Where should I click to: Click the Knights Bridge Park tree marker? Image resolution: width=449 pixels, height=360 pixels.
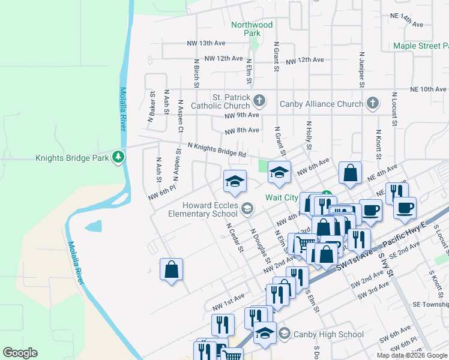(x=119, y=158)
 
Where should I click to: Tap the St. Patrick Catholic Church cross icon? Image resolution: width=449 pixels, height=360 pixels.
(x=259, y=99)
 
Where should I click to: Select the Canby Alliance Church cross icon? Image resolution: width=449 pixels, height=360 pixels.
(x=372, y=103)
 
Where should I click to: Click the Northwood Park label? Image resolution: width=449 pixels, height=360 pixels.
(x=252, y=29)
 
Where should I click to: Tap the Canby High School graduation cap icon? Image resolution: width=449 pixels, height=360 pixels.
(x=285, y=334)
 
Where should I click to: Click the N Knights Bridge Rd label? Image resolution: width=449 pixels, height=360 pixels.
(x=217, y=149)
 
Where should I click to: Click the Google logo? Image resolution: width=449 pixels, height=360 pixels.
(x=20, y=353)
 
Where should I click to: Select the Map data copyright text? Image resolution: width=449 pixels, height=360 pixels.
(x=411, y=355)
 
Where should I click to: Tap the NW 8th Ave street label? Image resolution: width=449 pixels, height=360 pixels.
(x=242, y=130)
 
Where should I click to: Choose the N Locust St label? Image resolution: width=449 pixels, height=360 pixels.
(x=394, y=109)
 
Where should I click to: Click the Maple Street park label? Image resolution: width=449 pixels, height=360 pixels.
(x=420, y=46)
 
